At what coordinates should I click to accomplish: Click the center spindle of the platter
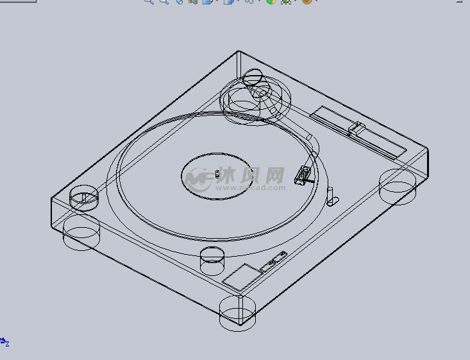[218, 174]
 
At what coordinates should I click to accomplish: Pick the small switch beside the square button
[274, 261]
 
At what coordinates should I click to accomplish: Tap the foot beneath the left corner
[81, 232]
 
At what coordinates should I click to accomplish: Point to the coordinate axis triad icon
[4, 342]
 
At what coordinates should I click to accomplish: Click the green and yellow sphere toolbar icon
[271, 2]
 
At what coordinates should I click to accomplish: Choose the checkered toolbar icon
[286, 2]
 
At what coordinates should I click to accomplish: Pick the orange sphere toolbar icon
[307, 2]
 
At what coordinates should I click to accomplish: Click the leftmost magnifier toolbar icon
[149, 2]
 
